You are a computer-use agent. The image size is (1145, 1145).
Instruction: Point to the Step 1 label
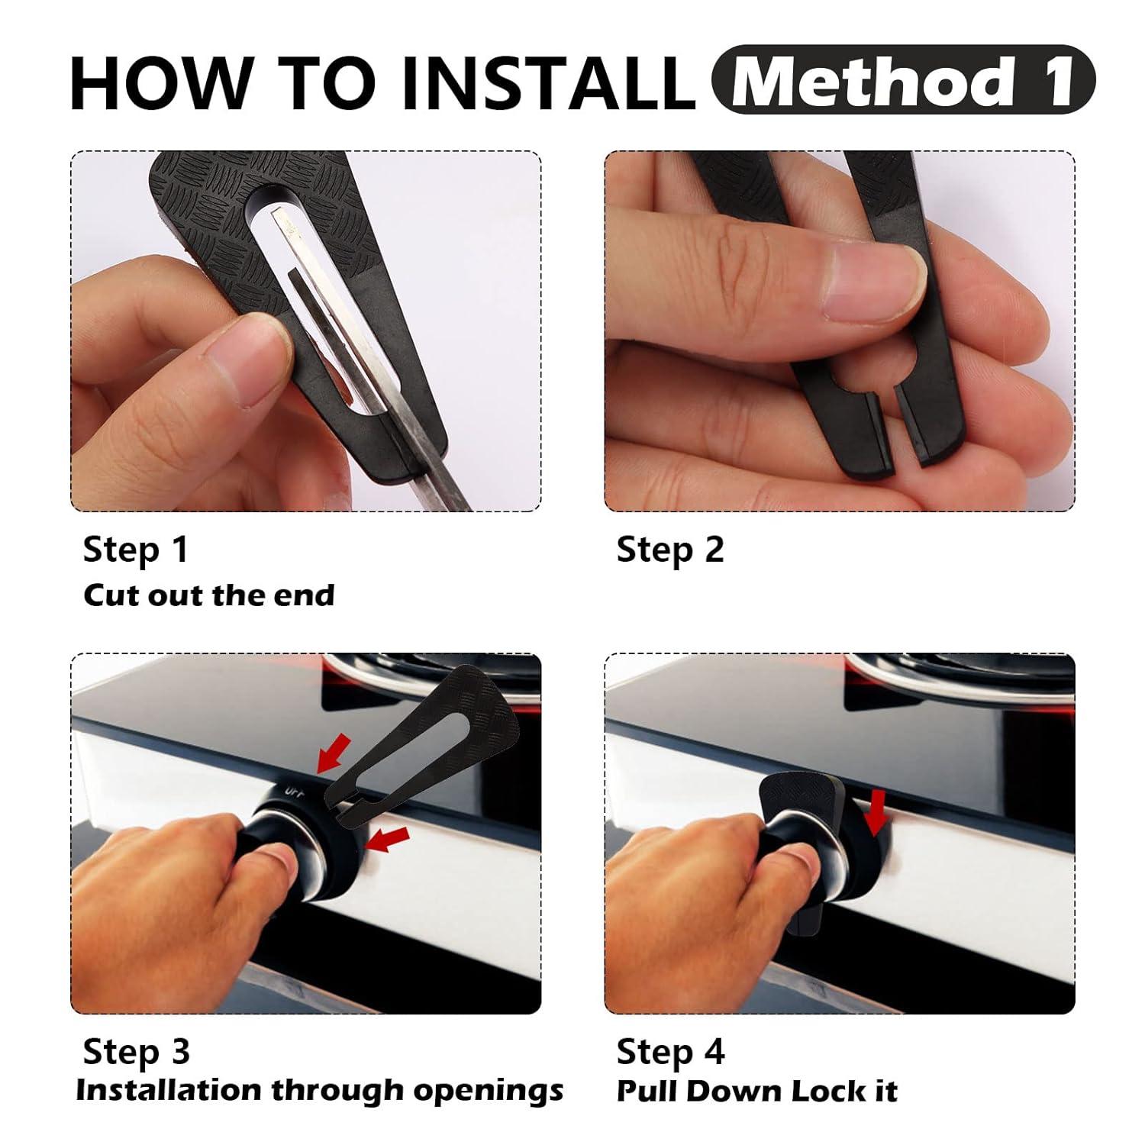coord(135,550)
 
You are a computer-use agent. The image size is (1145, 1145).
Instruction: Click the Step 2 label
coord(670,550)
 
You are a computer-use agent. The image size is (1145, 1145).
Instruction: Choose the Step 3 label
coord(136,1052)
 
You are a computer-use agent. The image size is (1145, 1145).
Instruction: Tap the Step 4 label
coord(670,1052)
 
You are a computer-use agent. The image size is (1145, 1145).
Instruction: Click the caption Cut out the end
coord(208,595)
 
